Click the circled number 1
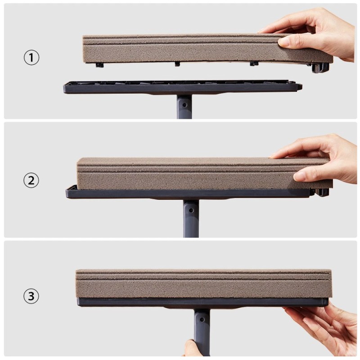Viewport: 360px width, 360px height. (31, 58)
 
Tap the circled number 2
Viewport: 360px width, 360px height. (31, 180)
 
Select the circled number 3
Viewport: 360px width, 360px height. (31, 296)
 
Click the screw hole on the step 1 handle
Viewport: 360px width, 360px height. (184, 105)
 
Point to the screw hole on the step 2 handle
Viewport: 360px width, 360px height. (191, 210)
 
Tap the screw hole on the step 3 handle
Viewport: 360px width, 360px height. (202, 319)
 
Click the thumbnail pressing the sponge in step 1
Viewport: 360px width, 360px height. (283, 41)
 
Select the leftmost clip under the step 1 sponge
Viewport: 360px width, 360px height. (99, 65)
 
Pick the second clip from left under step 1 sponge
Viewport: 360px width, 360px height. (177, 64)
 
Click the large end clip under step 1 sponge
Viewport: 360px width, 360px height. (319, 67)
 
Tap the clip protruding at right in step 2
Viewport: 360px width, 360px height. (322, 192)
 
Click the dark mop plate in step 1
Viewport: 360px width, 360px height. (183, 87)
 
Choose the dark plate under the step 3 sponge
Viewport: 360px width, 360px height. (203, 302)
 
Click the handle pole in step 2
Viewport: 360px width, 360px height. (191, 218)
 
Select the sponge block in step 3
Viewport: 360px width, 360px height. (204, 284)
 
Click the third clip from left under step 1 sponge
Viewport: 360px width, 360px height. (254, 63)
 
